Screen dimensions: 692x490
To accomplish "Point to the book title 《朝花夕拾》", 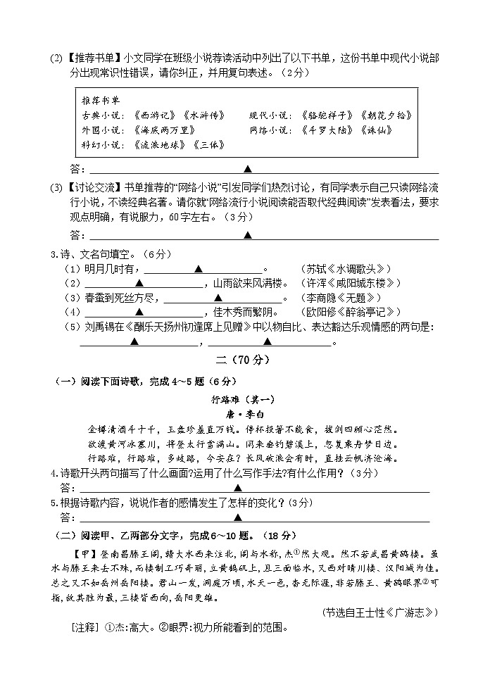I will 384,115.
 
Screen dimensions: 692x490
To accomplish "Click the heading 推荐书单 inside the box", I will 97,100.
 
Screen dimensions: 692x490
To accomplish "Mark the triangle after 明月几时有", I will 199,269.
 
